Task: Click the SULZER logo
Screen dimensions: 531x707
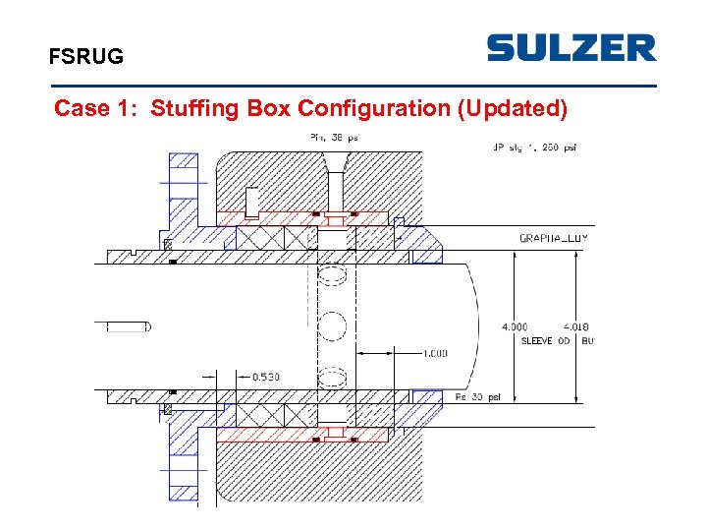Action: (x=571, y=48)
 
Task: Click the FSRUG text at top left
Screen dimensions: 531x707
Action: (x=86, y=57)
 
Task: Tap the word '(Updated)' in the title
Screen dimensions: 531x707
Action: (x=512, y=108)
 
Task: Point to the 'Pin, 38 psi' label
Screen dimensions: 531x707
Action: (x=335, y=138)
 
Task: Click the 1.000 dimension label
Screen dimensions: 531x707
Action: (x=435, y=354)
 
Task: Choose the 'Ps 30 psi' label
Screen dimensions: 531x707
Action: (x=478, y=397)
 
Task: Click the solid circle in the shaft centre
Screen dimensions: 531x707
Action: (x=335, y=326)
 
